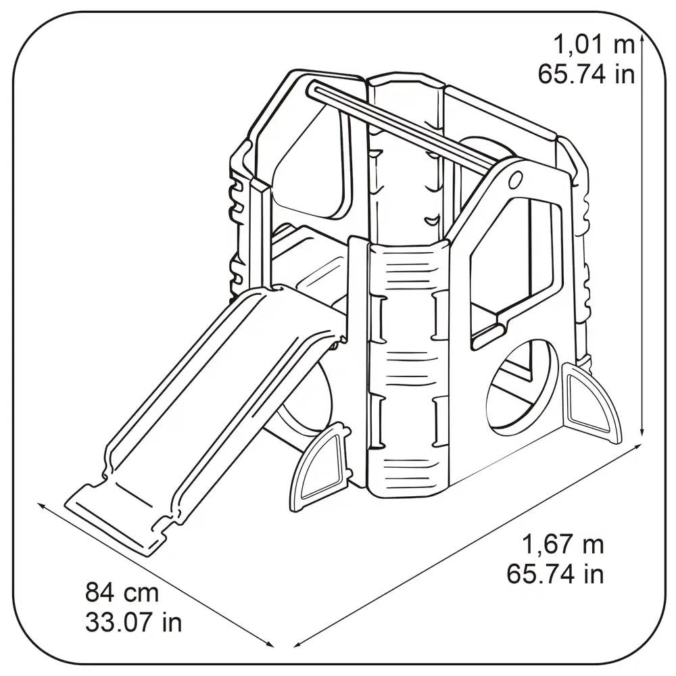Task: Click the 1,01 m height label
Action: coord(594,45)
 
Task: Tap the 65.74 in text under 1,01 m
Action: coord(586,74)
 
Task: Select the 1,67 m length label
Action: coord(562,544)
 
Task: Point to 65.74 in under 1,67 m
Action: coord(555,574)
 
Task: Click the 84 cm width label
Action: coord(122,592)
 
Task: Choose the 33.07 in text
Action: coord(134,623)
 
